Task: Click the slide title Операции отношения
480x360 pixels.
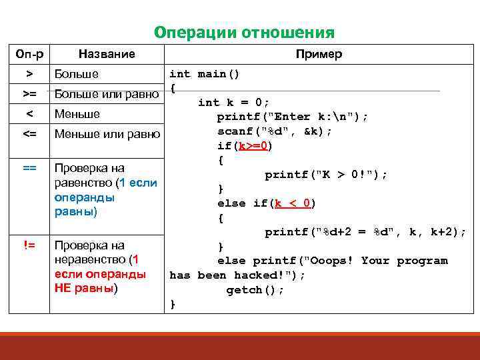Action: click(244, 33)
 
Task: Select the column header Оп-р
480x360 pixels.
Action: click(29, 54)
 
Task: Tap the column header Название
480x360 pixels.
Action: click(107, 54)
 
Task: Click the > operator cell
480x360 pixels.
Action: click(29, 73)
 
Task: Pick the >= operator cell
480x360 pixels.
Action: click(29, 93)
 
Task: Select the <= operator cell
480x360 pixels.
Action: click(29, 134)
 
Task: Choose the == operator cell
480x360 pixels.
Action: click(29, 167)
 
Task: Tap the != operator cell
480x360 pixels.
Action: click(29, 245)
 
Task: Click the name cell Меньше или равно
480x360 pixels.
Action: click(107, 134)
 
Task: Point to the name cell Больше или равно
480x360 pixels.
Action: click(107, 93)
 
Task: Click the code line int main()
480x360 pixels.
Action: click(205, 73)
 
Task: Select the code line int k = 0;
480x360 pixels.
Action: click(233, 102)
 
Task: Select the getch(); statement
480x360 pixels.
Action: click(255, 290)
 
